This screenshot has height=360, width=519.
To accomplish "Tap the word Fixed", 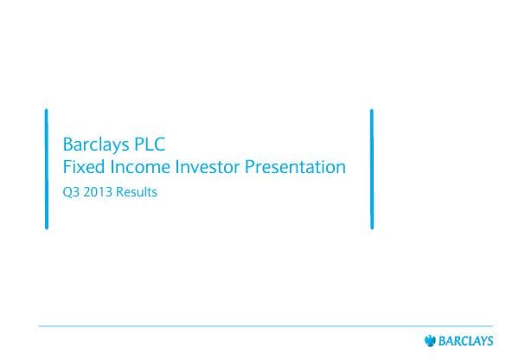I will click(82, 167).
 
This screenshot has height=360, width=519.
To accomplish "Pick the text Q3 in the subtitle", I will click(71, 193).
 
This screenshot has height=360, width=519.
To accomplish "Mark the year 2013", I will click(100, 192).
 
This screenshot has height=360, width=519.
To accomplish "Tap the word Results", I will click(138, 192).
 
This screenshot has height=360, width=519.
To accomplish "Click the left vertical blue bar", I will click(46, 170).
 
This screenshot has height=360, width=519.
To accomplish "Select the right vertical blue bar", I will click(371, 170).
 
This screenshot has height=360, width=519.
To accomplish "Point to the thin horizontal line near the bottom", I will click(259, 326).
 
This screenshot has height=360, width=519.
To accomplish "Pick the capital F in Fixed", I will click(67, 167).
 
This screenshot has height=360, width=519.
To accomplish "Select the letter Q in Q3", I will click(67, 193).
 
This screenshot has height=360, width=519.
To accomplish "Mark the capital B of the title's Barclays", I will click(68, 143).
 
